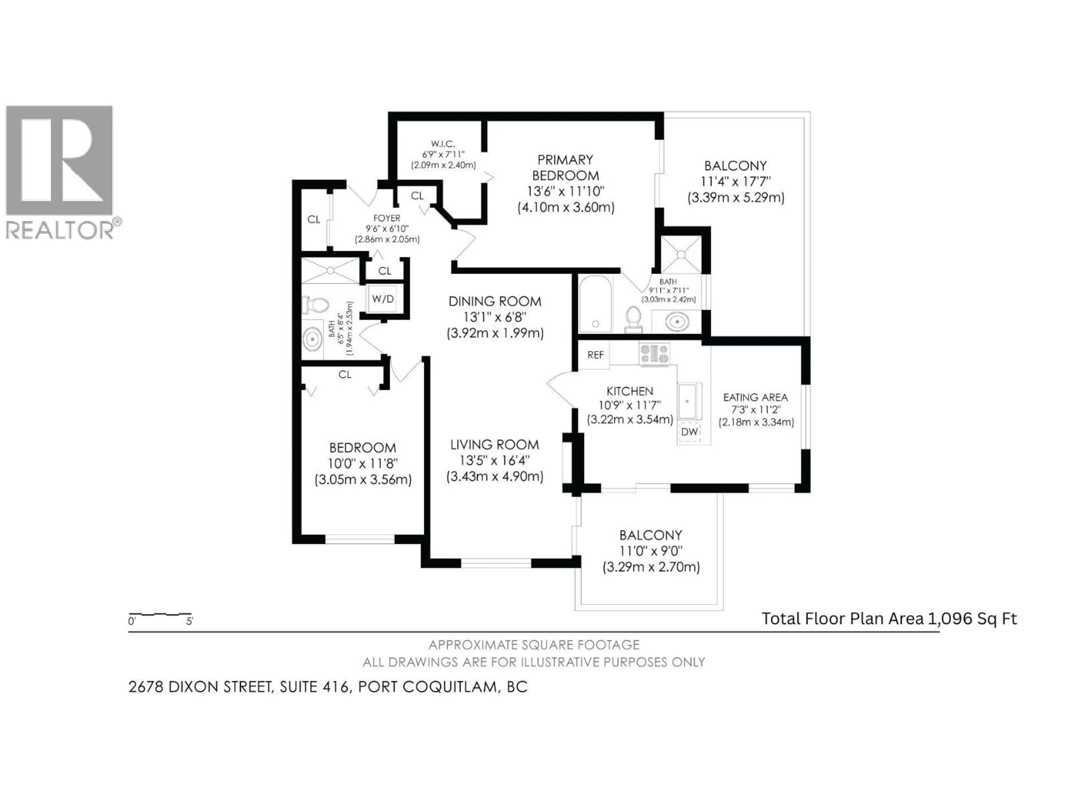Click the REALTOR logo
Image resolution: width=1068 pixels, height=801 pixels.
tap(60, 171)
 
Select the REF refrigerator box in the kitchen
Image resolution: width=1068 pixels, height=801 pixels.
tap(595, 355)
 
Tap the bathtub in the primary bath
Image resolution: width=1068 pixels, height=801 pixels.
tap(595, 304)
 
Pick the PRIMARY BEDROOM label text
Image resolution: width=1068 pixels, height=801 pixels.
tap(565, 167)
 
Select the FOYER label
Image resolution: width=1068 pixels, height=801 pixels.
tap(387, 218)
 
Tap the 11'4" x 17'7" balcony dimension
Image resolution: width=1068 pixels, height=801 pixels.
tap(735, 182)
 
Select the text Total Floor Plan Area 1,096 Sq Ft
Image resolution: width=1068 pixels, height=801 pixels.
tap(889, 619)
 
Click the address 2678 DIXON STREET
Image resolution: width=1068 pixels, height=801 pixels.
tap(200, 687)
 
